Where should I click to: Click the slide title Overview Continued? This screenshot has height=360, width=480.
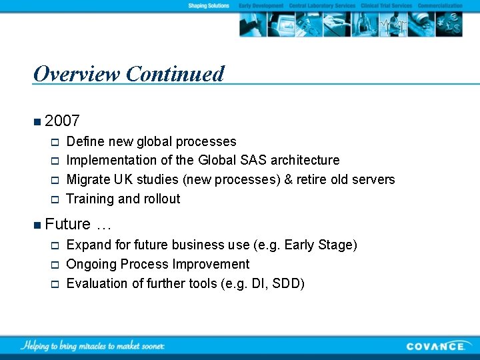coord(129,74)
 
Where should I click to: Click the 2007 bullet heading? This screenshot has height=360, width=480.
coord(63,121)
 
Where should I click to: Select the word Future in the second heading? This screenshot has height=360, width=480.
coord(67,224)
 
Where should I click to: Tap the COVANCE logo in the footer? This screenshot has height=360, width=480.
coord(436,346)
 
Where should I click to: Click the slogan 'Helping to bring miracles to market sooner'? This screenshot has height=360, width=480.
coord(93,345)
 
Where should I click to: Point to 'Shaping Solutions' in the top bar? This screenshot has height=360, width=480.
coord(208,6)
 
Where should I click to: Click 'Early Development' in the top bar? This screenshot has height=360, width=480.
coord(261,6)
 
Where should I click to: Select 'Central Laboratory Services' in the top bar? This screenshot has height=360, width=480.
coord(322,6)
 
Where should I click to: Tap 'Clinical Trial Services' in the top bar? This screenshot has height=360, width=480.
coord(387,6)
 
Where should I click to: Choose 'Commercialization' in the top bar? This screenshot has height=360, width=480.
coord(440,6)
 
